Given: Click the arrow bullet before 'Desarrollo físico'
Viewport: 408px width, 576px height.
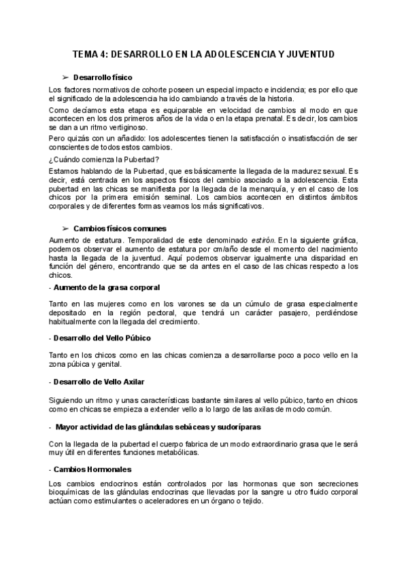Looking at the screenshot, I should click(x=66, y=77).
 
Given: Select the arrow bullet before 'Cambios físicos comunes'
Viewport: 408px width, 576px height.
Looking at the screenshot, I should click(x=66, y=228).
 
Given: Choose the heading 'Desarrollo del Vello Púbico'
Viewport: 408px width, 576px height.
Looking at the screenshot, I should click(x=102, y=338).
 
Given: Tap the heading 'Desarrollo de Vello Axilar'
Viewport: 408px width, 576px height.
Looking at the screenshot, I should click(x=99, y=382).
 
